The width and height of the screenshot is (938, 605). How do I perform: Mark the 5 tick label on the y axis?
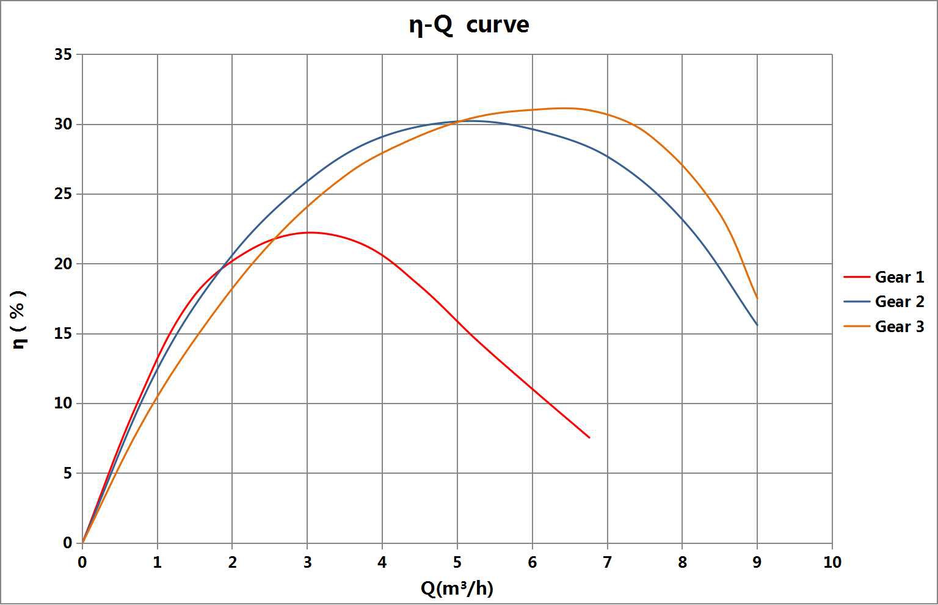coord(67,474)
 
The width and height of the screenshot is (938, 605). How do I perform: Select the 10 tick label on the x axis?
coord(832,562)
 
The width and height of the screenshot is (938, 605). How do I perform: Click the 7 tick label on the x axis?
coord(607,562)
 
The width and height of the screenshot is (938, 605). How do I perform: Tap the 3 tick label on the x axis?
coord(307,562)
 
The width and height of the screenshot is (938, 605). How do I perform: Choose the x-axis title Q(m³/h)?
coord(457,588)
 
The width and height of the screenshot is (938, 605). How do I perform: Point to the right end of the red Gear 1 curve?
coord(589,437)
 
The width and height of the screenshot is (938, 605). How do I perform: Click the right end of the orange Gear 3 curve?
coord(757,299)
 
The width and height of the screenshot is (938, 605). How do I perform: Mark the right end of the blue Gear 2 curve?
coord(757,325)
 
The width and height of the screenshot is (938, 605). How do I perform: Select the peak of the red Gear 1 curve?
coord(310,233)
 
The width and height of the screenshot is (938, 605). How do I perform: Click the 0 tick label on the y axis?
coord(67,543)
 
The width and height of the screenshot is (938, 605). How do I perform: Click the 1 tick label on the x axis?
coord(158,562)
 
